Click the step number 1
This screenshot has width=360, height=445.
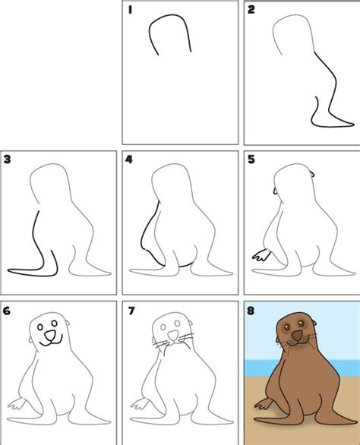click(131, 11)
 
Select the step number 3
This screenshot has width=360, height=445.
click(8, 159)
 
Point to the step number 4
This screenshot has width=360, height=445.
click(129, 159)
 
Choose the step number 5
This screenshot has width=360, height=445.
click(251, 159)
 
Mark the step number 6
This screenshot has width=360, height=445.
click(8, 310)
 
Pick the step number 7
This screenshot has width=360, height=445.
click(129, 310)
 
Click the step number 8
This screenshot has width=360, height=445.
click(251, 311)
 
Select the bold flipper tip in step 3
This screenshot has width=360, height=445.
click(11, 270)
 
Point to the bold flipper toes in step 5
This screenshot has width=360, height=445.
click(258, 256)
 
